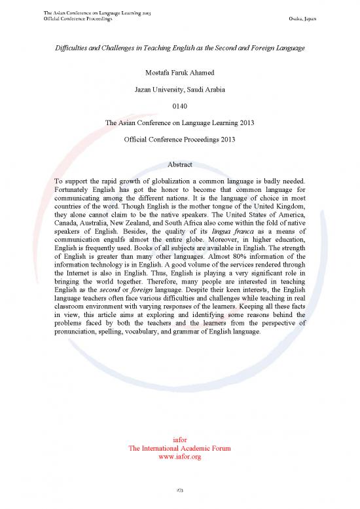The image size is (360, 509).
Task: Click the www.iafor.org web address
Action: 179,457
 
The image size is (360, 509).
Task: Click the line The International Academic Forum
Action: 179,448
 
